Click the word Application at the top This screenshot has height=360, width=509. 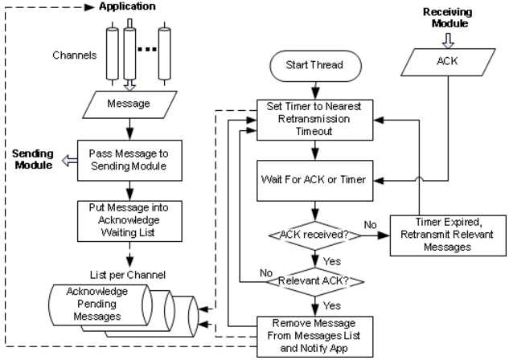pyautogui.click(x=127, y=7)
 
